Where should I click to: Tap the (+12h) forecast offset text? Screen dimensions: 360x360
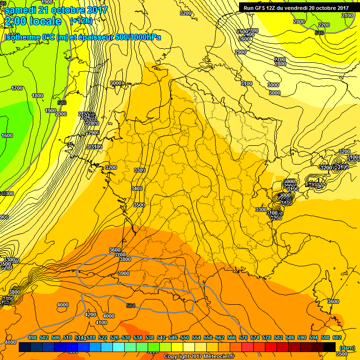pyautogui.click(x=82, y=21)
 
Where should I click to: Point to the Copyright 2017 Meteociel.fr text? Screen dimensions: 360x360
pyautogui.click(x=199, y=356)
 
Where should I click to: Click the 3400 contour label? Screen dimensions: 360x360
pyautogui.click(x=137, y=188)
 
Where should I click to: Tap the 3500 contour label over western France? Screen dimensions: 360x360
pyautogui.click(x=139, y=205)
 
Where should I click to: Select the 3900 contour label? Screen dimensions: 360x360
pyautogui.click(x=124, y=273)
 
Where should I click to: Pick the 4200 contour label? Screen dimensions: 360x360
pyautogui.click(x=90, y=315)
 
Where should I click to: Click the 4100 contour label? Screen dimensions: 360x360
pyautogui.click(x=101, y=322)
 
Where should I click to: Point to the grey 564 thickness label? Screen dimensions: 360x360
pyautogui.click(x=131, y=306)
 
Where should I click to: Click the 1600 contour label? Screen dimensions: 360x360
pyautogui.click(x=7, y=135)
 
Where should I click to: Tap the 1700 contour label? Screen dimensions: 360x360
pyautogui.click(x=17, y=88)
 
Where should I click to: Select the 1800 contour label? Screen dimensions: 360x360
pyautogui.click(x=38, y=96)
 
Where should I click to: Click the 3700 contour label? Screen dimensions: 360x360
pyautogui.click(x=120, y=255)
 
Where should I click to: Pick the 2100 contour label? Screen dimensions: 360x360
pyautogui.click(x=347, y=15)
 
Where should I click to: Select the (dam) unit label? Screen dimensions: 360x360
pyautogui.click(x=347, y=348)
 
